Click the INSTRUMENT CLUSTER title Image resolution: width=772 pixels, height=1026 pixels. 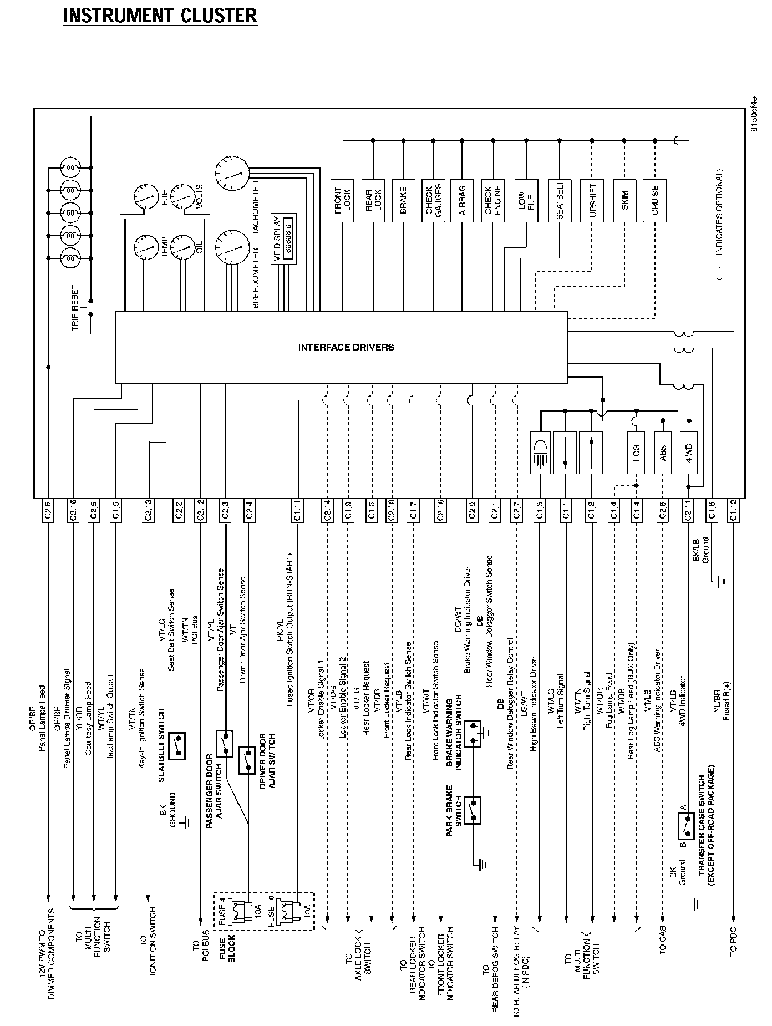[x=160, y=16]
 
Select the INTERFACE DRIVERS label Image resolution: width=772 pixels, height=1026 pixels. [x=346, y=348]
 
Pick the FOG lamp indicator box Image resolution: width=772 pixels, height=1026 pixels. [x=636, y=453]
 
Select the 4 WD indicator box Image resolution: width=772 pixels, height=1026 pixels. [x=689, y=453]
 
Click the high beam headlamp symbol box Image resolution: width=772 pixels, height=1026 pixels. [x=540, y=453]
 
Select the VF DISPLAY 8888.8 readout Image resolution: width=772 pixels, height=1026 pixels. [x=288, y=238]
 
